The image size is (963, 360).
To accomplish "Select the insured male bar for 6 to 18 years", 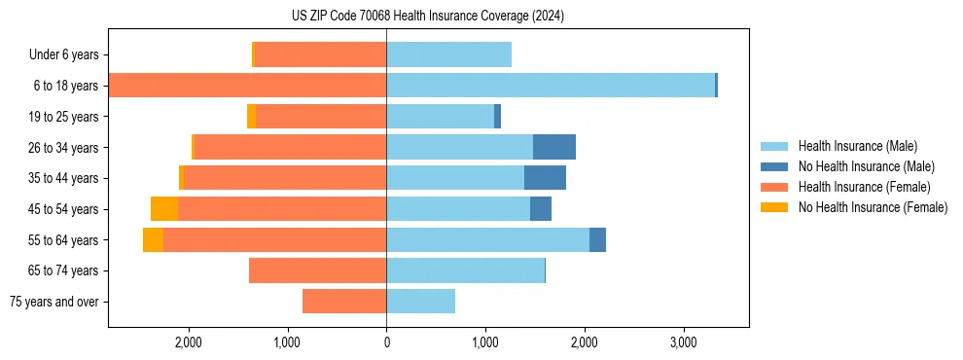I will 550,86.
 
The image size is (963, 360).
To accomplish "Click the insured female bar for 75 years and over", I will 344,302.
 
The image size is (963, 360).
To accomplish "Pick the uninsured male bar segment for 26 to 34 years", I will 554,147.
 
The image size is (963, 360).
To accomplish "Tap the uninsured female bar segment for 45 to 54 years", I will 164,209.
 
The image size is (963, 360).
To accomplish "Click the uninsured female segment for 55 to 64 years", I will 153,240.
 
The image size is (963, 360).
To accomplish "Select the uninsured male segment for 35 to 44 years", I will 545,178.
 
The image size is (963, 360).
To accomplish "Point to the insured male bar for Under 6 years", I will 448,54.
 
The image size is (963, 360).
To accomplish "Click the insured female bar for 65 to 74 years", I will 317,270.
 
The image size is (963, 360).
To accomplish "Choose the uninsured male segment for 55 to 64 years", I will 597,240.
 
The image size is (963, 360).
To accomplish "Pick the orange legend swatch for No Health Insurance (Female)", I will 775,207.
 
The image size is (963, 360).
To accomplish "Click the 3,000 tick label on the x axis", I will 684,342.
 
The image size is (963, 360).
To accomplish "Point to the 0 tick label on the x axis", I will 386,342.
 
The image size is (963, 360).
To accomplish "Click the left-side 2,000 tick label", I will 188,342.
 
